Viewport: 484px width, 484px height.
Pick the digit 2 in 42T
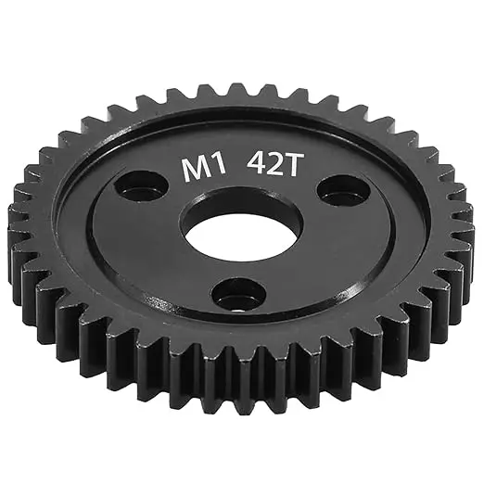272,166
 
